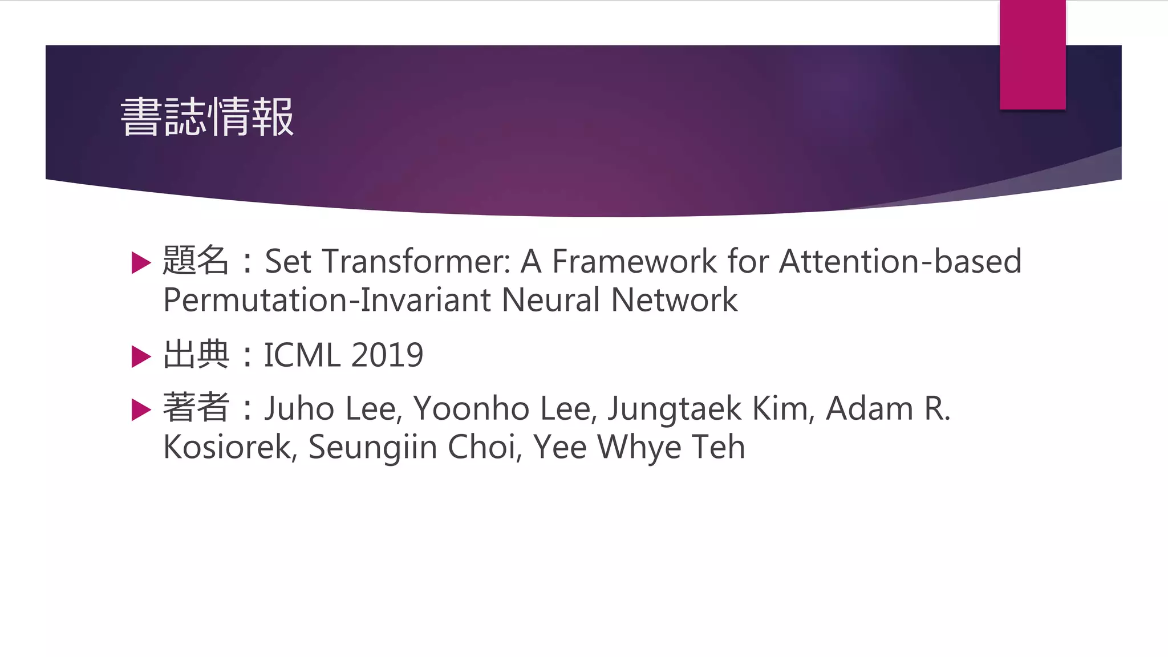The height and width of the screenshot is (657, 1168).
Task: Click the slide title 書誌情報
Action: pos(207,117)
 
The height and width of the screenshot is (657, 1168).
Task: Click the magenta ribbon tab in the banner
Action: pos(1032,55)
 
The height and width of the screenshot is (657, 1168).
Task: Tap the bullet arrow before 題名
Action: pos(141,263)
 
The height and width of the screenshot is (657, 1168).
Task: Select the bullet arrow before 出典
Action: pos(141,356)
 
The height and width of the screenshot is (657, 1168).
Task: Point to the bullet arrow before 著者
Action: pos(141,409)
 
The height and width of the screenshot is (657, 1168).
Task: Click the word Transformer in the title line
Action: pos(416,262)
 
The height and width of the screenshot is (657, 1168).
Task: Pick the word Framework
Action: pos(634,262)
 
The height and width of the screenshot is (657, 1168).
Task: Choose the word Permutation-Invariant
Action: pos(327,300)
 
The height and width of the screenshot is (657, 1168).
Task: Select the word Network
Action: pos(674,300)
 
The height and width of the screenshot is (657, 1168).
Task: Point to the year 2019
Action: pos(387,355)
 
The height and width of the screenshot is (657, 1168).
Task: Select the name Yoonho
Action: pos(472,409)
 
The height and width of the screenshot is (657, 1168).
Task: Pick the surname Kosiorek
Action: pos(228,447)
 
